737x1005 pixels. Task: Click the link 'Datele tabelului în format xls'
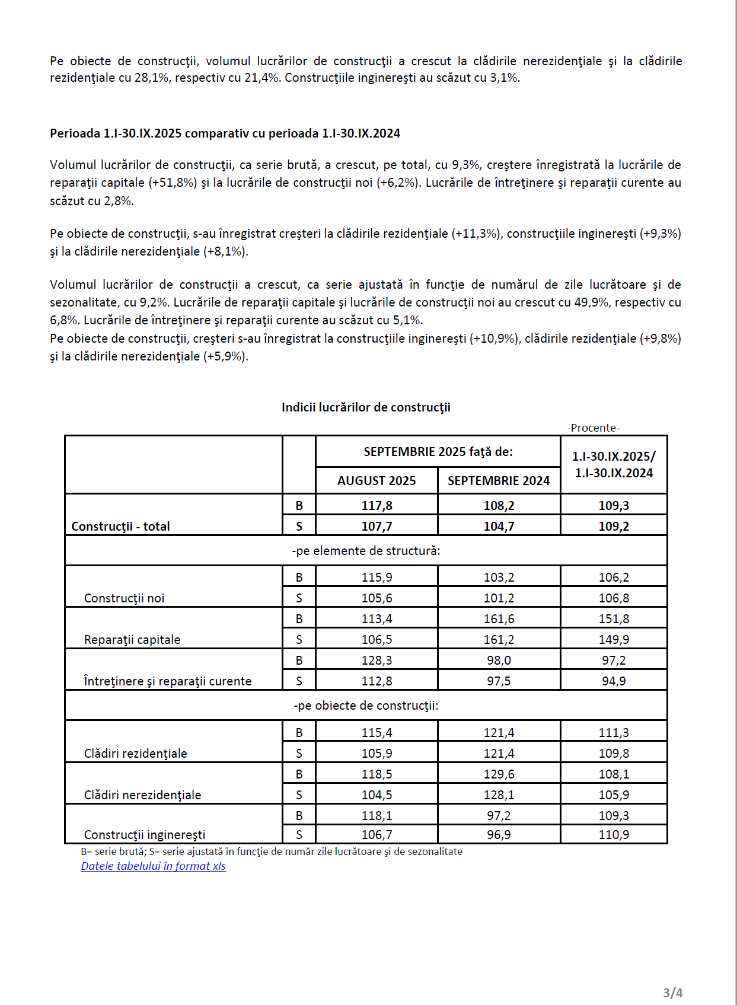coord(153,866)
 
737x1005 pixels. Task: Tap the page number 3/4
coord(672,993)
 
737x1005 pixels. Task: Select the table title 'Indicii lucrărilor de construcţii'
coord(366,407)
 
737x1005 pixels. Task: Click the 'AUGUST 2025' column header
coord(377,480)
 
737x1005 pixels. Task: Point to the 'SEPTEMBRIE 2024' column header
coord(499,480)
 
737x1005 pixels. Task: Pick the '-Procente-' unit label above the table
coord(593,427)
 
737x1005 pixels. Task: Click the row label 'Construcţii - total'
coord(120,526)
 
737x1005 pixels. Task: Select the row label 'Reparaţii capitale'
coord(132,639)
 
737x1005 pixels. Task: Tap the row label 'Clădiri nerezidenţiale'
coord(142,795)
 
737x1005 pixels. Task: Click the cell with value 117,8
coord(377,506)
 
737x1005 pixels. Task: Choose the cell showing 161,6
coord(499,618)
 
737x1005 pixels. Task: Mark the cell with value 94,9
coord(614,681)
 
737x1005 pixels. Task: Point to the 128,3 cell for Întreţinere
coord(377,660)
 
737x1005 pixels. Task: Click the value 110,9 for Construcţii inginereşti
coord(614,834)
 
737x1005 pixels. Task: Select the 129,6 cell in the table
coord(499,774)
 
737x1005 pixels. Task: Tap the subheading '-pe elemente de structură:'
coord(366,551)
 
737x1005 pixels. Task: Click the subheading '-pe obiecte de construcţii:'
coord(366,706)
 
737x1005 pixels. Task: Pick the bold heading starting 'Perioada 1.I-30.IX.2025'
coord(225,133)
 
